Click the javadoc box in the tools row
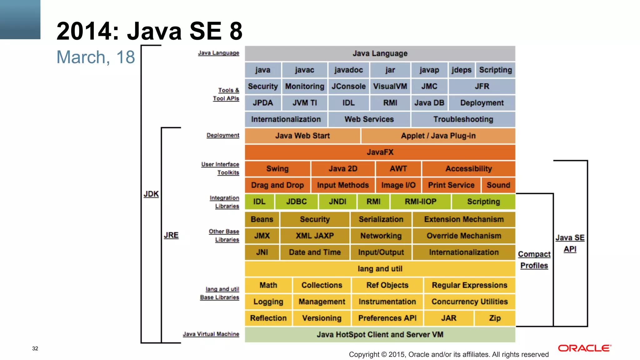[x=348, y=70]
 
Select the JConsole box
[x=348, y=87]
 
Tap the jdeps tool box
[x=461, y=70]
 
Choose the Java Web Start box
[x=302, y=136]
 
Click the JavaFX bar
[x=380, y=152]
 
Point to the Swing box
[x=277, y=169]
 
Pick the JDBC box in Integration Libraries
[x=296, y=202]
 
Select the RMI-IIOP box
[x=420, y=202]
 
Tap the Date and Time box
[x=314, y=252]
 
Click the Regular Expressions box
[x=469, y=285]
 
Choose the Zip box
[x=495, y=318]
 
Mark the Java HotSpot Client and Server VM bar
[x=380, y=335]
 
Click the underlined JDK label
[x=151, y=194]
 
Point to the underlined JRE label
[x=171, y=235]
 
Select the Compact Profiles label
[x=534, y=260]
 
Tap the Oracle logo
[x=584, y=348]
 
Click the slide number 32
[x=35, y=348]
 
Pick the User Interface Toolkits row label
[x=221, y=168]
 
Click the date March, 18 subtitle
[x=96, y=57]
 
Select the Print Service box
[x=451, y=185]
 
